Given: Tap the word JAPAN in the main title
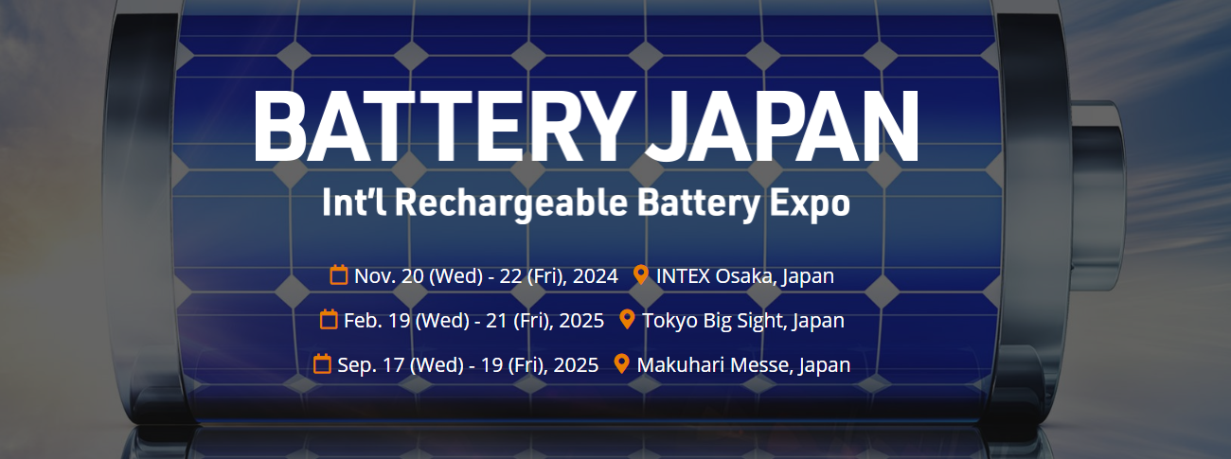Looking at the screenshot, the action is click(782, 126).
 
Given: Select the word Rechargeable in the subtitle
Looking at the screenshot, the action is click(511, 204).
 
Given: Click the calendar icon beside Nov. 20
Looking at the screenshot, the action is click(339, 274).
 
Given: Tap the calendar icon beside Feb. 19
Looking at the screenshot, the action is click(329, 319).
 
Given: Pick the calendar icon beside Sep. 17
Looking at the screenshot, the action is click(322, 363).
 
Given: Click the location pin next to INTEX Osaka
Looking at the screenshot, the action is click(641, 274).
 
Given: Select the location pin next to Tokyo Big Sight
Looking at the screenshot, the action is click(627, 319).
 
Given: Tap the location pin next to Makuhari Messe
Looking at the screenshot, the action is click(621, 363).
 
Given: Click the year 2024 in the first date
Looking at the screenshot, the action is click(596, 275).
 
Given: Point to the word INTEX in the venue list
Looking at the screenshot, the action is click(683, 275).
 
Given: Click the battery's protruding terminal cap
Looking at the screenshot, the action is click(1096, 195).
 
